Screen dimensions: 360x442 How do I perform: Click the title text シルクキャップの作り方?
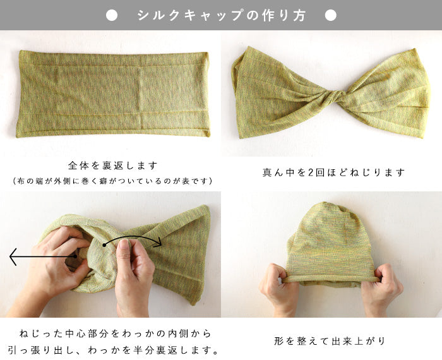pos(221,15)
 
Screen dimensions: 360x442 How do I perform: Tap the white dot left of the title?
pos(112,15)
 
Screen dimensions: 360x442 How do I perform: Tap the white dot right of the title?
pos(330,15)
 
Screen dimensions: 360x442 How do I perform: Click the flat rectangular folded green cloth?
pos(112,93)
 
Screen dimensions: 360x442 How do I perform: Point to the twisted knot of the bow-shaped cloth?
pos(333,99)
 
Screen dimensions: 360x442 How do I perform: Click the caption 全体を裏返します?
pos(112,165)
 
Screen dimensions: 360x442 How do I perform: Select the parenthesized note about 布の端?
pos(112,181)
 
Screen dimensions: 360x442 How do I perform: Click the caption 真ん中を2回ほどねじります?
pos(333,172)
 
